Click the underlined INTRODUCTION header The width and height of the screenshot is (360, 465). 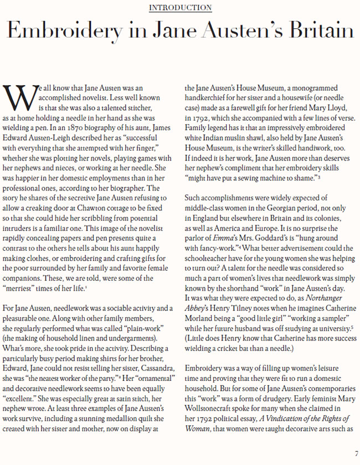click(x=181, y=8)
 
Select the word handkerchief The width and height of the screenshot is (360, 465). click(x=209, y=97)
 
